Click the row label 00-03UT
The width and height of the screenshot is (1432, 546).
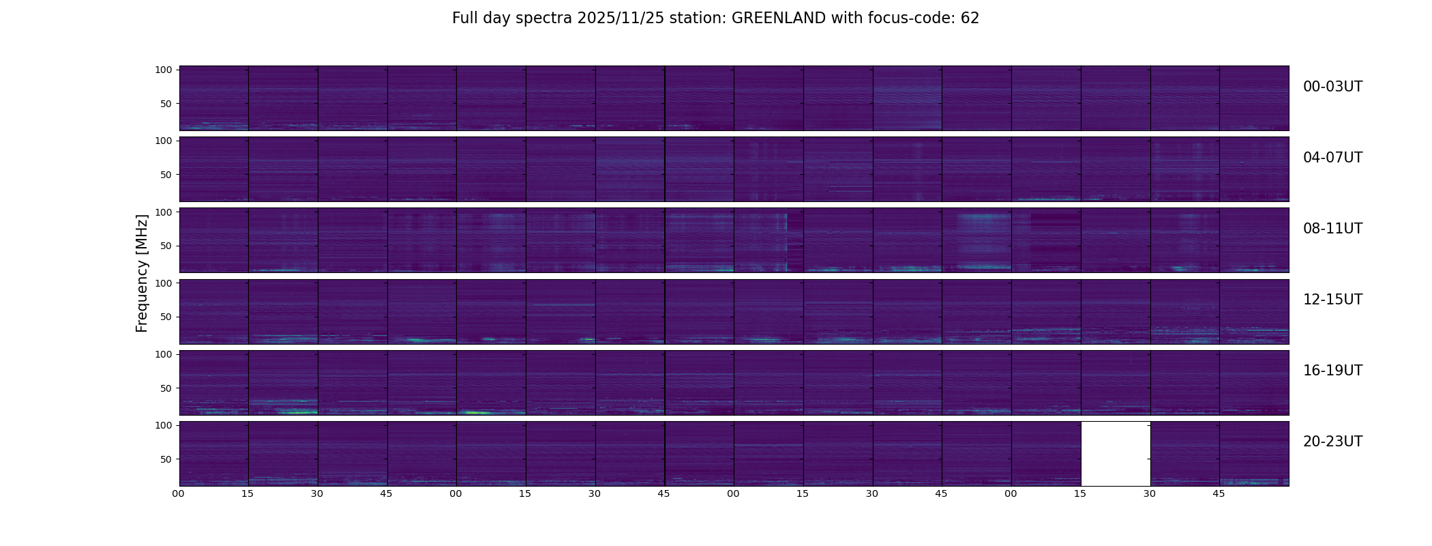click(x=1332, y=87)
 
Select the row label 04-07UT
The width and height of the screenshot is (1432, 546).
click(x=1332, y=158)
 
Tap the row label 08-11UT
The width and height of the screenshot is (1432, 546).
click(x=1332, y=229)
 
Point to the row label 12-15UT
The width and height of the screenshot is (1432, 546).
click(x=1332, y=300)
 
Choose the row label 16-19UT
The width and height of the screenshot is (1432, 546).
click(x=1332, y=371)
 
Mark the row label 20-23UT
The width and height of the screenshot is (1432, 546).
click(x=1332, y=442)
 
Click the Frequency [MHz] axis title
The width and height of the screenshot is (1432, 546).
click(x=142, y=273)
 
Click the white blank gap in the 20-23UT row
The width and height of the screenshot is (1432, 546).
click(x=1116, y=454)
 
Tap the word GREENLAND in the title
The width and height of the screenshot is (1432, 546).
click(x=779, y=18)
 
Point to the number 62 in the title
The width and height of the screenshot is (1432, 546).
click(x=970, y=18)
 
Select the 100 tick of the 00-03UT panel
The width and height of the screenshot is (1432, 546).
click(x=164, y=70)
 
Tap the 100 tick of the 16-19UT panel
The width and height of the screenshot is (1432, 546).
click(x=164, y=354)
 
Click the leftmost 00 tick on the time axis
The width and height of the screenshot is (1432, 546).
click(x=179, y=493)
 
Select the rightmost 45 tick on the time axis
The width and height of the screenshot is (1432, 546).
click(x=1219, y=493)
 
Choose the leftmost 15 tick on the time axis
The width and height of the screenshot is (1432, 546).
click(x=248, y=493)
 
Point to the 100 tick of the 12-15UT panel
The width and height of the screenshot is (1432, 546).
click(x=164, y=283)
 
